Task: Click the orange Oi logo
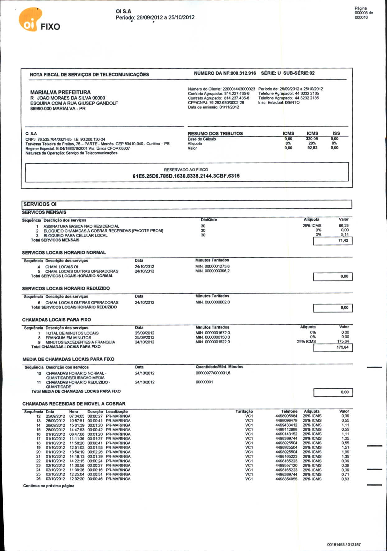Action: coord(30,20)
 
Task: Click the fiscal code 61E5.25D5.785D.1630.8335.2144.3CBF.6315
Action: coord(186,176)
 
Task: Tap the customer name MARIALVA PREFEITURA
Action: coord(60,92)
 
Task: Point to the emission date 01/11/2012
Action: coord(229,107)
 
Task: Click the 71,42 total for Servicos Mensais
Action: coord(343,241)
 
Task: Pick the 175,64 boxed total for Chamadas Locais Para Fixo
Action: coord(343,347)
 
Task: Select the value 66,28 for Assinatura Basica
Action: coord(343,226)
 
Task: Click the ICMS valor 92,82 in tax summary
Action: coord(312,148)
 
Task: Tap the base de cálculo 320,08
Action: coord(312,139)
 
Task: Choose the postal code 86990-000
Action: coord(40,109)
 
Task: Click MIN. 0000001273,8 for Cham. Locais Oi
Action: coord(212,266)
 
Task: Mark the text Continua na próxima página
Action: coord(49,486)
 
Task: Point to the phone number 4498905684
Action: coord(286,416)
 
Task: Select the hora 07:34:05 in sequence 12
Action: coord(77,416)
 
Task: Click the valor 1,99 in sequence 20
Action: coord(345,452)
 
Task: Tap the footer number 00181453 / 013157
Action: coord(344,544)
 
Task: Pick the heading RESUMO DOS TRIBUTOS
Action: coord(215,134)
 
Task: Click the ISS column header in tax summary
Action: coord(336,133)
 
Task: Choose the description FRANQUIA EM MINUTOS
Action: coord(68,338)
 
